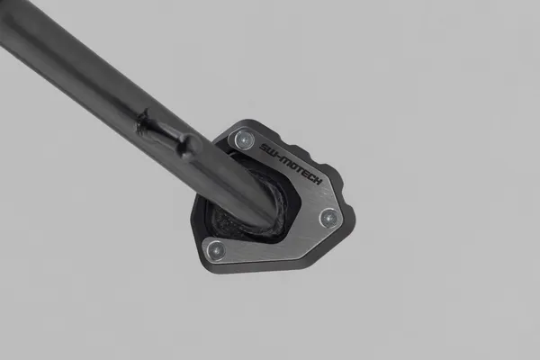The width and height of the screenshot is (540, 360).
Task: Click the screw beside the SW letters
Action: coord(243,139)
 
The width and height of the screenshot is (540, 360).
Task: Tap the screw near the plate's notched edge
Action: coord(329,217)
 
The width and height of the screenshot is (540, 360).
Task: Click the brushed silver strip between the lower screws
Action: coord(274,238)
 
